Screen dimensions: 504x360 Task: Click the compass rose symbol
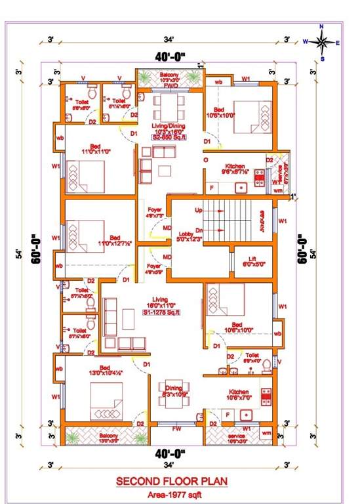pos(321,42)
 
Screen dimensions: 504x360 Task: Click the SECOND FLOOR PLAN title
pos(172,481)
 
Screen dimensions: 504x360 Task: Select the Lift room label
pos(252,261)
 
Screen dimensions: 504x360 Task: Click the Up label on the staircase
pos(199,210)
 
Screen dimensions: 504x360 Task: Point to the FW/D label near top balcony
pos(171,86)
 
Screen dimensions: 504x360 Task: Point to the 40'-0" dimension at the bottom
pos(170,453)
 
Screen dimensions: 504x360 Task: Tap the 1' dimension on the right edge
pos(294,196)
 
